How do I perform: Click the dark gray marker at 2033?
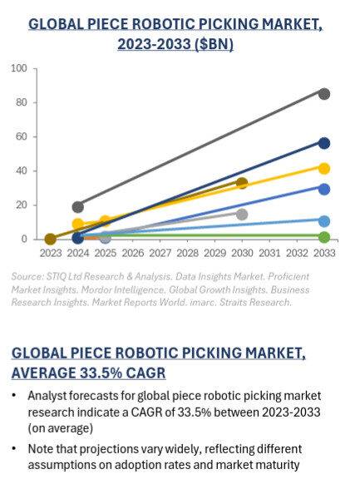coord(324,94)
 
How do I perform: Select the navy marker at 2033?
coord(324,143)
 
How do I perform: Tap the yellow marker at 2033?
coord(324,168)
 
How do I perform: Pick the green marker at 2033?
coord(324,237)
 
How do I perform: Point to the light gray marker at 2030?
coord(242,214)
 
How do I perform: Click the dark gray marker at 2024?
coord(78,206)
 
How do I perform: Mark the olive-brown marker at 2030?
coord(242,183)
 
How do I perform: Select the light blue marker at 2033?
coord(324,221)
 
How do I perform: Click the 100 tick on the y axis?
coord(19,68)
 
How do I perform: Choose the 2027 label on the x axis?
coord(160,252)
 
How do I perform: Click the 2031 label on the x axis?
coord(269,252)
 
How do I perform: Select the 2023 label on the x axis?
coord(50,252)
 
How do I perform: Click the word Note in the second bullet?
coord(39,449)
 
